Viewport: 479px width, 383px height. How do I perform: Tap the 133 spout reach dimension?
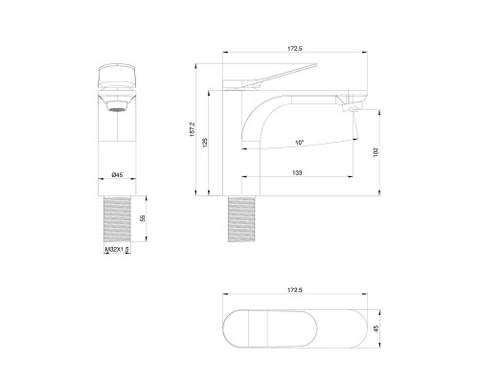tap(299, 171)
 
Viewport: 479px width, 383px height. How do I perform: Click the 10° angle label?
tap(300, 143)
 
